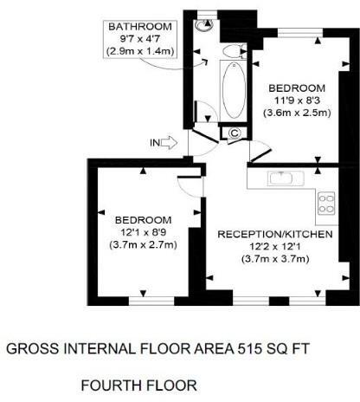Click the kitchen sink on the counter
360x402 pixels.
click(x=284, y=178)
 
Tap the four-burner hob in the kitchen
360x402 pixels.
click(x=327, y=204)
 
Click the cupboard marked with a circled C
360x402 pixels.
click(x=234, y=132)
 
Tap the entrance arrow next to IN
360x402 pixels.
click(x=168, y=142)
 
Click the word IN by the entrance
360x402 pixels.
click(x=154, y=142)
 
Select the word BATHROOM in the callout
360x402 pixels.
click(x=139, y=28)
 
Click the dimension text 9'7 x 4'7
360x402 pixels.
click(x=139, y=40)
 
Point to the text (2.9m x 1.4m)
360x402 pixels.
click(x=139, y=52)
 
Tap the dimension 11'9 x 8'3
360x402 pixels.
click(x=297, y=100)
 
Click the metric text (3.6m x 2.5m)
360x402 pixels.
click(x=297, y=113)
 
